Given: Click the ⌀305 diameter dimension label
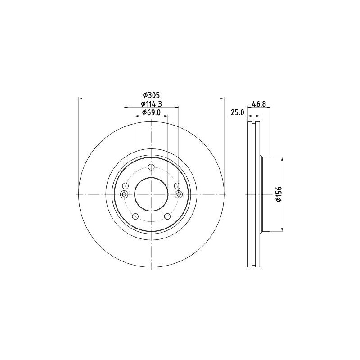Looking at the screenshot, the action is (151, 95).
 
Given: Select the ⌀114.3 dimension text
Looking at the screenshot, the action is (151, 104).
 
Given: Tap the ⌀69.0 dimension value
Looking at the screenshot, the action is (151, 112).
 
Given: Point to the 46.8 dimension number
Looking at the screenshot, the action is (259, 104).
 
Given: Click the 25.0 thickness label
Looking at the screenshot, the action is (238, 112).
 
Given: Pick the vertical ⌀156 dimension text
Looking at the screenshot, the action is (279, 194).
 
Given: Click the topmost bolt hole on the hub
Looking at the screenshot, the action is (151, 167).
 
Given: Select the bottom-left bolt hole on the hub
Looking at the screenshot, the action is (135, 216).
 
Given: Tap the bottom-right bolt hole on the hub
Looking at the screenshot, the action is (167, 216).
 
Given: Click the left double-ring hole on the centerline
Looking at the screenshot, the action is (124, 194).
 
